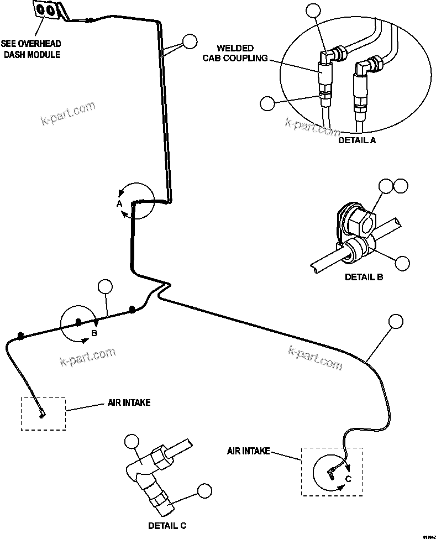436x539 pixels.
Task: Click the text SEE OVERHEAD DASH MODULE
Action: [x=30, y=49]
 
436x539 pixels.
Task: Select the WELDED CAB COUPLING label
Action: [x=243, y=53]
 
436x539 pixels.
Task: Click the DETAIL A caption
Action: [x=356, y=140]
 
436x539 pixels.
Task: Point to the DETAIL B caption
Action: [x=364, y=277]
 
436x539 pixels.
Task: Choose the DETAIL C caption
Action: [x=171, y=526]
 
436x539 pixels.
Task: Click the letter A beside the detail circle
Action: [x=119, y=203]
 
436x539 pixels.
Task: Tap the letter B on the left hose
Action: [x=94, y=333]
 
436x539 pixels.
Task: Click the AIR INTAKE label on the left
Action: [x=129, y=402]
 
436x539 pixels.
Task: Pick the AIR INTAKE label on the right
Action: [x=248, y=451]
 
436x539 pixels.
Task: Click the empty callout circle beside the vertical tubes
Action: [x=190, y=41]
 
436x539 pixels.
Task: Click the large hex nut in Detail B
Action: [x=360, y=221]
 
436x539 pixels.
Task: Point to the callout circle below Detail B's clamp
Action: [x=403, y=263]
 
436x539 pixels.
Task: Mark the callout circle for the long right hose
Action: [x=396, y=322]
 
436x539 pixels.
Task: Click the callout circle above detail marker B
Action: [x=104, y=287]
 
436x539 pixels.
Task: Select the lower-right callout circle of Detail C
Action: [x=204, y=490]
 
